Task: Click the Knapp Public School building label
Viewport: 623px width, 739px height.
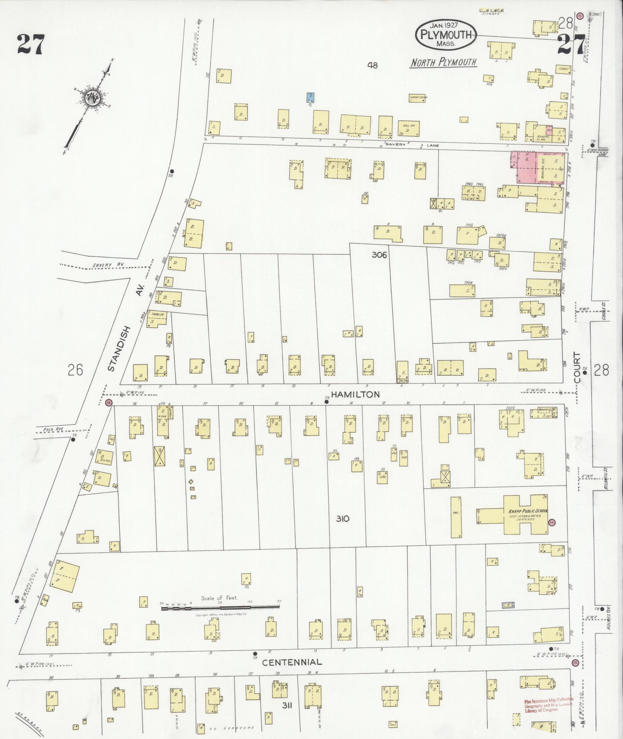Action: tap(525, 510)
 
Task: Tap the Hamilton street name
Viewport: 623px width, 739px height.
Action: tap(351, 394)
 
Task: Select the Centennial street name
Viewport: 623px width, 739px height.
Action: tap(292, 662)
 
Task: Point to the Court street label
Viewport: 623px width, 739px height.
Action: tap(577, 368)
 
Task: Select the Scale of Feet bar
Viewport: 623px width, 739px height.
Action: tap(220, 608)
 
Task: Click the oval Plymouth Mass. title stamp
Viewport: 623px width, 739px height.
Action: tap(446, 35)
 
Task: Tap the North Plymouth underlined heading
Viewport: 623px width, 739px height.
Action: tap(443, 63)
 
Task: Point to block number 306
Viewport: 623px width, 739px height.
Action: tap(379, 255)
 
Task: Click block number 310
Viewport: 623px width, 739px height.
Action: tap(342, 518)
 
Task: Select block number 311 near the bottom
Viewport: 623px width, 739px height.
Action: tap(287, 706)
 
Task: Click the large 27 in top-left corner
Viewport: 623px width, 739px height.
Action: tap(31, 45)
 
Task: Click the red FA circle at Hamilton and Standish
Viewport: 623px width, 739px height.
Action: tap(109, 403)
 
